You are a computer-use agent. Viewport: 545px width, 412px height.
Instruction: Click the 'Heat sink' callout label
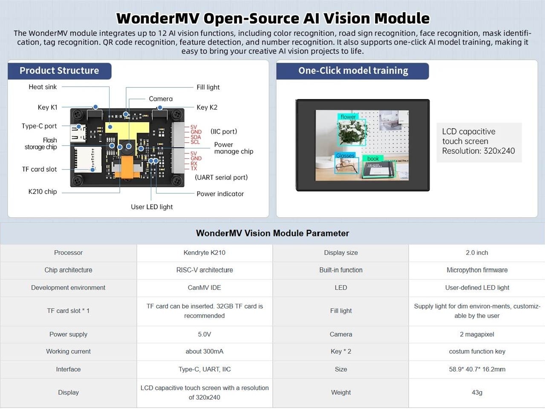coord(43,87)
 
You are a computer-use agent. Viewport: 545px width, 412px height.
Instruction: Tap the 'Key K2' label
coord(207,107)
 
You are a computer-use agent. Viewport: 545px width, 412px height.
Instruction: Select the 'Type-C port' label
coord(39,126)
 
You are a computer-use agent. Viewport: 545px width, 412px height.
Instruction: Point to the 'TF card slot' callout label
coord(39,169)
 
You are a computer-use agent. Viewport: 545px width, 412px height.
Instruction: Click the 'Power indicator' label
coord(220,194)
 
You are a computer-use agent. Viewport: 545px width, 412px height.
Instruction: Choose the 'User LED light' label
coord(152,207)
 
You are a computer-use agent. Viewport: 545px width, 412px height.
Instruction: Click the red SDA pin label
coord(196,137)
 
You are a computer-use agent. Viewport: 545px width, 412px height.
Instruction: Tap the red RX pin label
coord(194,164)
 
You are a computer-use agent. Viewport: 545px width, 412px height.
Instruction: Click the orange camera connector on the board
coord(127,167)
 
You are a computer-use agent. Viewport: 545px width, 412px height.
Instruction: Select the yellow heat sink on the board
coord(127,132)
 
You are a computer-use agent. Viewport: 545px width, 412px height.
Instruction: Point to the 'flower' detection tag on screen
coord(348,117)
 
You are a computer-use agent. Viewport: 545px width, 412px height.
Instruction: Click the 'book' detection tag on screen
coord(373,158)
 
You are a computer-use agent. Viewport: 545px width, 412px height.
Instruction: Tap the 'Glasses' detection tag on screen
coord(345,156)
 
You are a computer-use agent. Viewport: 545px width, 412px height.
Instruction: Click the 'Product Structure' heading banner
coord(59,71)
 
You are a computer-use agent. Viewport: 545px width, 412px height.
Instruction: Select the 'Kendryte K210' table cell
coord(205,253)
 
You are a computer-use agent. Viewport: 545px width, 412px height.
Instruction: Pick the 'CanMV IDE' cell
coord(205,288)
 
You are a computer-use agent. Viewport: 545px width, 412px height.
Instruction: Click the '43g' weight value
coord(477,392)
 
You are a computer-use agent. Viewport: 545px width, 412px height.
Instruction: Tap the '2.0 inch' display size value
coord(477,253)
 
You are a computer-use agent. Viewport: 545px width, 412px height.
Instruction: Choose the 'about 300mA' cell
coord(205,351)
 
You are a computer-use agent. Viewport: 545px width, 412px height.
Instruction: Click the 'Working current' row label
coord(68,351)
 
